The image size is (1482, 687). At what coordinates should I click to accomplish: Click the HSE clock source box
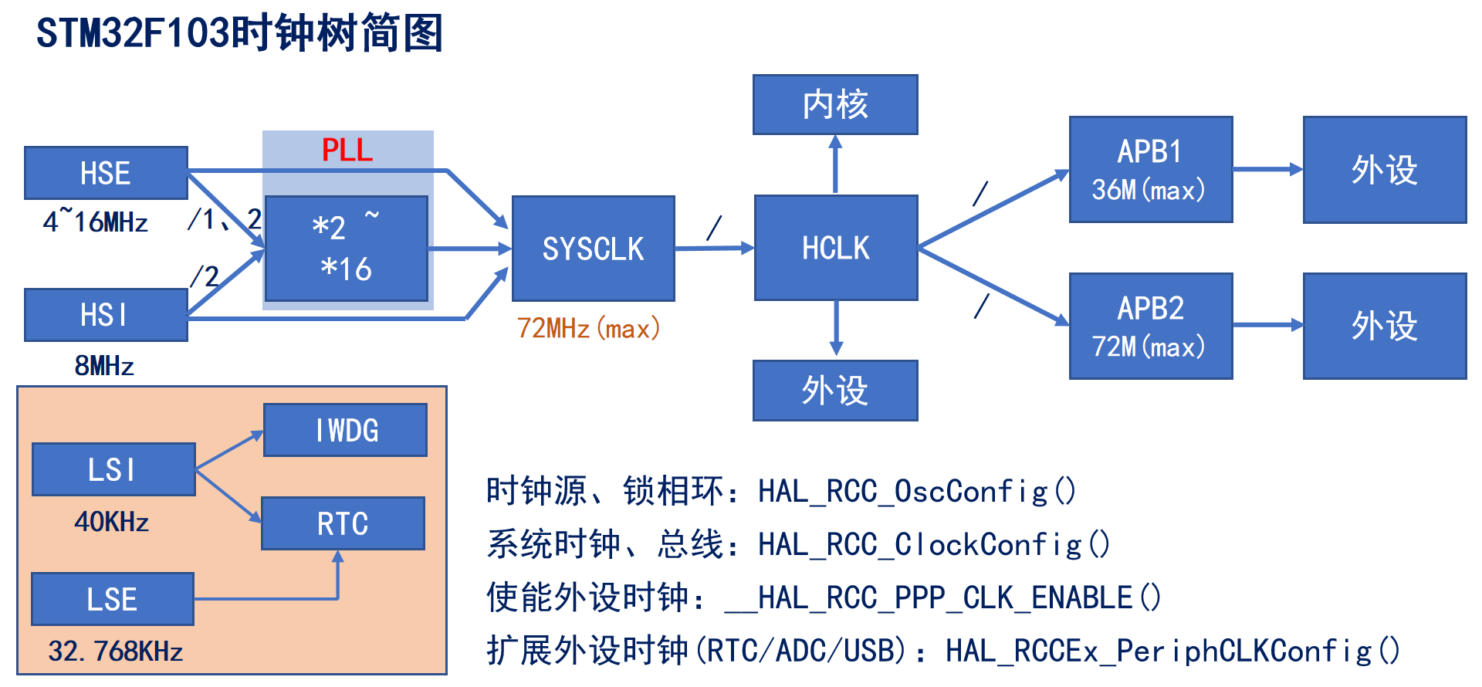point(106,173)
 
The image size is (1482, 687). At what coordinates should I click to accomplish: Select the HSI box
point(106,315)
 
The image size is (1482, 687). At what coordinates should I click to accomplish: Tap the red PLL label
point(347,150)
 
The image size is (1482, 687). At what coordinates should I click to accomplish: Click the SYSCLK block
point(593,249)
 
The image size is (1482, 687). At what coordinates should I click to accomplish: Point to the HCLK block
point(835,248)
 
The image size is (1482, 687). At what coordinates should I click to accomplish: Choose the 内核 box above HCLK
point(835,104)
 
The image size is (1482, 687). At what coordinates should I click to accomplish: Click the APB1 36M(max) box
point(1150,170)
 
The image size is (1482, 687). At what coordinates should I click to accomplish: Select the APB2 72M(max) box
point(1150,326)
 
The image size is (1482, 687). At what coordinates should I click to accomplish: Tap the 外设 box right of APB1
point(1384,170)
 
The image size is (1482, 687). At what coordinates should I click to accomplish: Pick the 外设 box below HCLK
point(835,391)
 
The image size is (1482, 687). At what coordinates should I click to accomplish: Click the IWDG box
point(345,430)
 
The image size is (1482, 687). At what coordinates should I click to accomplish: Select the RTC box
point(343,523)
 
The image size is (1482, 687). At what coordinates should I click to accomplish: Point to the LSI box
point(113,469)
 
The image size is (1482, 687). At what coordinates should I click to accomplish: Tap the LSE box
point(112,599)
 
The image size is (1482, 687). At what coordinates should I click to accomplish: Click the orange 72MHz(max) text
point(588,329)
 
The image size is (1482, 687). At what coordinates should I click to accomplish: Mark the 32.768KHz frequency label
point(116,651)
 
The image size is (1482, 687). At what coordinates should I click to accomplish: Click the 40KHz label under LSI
point(112,522)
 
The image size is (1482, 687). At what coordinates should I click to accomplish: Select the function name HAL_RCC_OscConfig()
point(917,492)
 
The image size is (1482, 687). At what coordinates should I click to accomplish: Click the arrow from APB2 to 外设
point(1267,325)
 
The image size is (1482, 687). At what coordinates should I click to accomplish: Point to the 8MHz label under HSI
point(104,365)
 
